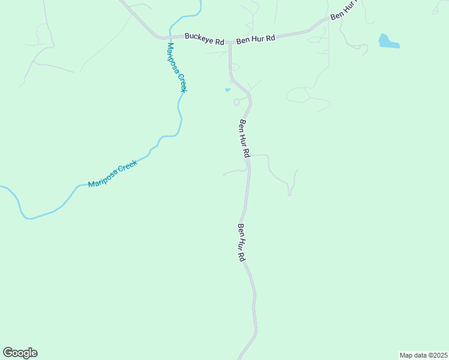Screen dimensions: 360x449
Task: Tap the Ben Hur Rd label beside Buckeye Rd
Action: [x=255, y=39]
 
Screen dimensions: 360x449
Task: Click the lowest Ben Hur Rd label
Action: [x=241, y=242]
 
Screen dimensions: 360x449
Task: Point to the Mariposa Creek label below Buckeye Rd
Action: [x=177, y=67]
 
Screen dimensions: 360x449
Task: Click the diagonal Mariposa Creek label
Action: [x=113, y=174]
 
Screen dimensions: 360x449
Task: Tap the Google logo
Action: [x=20, y=353]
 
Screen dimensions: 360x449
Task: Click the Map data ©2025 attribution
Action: [x=423, y=355]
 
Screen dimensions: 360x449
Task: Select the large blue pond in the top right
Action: [x=388, y=42]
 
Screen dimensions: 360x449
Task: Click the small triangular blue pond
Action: [x=228, y=91]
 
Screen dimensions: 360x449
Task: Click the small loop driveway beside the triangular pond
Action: [x=237, y=102]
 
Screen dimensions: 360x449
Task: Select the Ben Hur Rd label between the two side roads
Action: [x=244, y=139]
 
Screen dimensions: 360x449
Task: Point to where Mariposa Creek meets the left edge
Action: [x=2, y=187]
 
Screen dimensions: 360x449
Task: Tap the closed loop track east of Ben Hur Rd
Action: [x=298, y=95]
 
